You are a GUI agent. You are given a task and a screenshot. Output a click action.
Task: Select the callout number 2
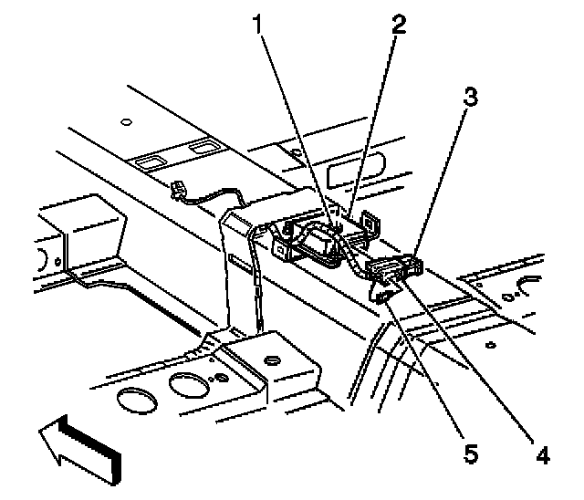[x=397, y=25]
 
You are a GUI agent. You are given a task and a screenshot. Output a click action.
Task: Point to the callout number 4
[x=544, y=453]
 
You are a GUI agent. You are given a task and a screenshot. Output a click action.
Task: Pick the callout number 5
[x=471, y=453]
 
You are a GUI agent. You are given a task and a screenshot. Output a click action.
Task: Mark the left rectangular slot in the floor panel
[x=146, y=161]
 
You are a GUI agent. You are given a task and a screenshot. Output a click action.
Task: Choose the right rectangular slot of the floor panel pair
[x=201, y=148]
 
